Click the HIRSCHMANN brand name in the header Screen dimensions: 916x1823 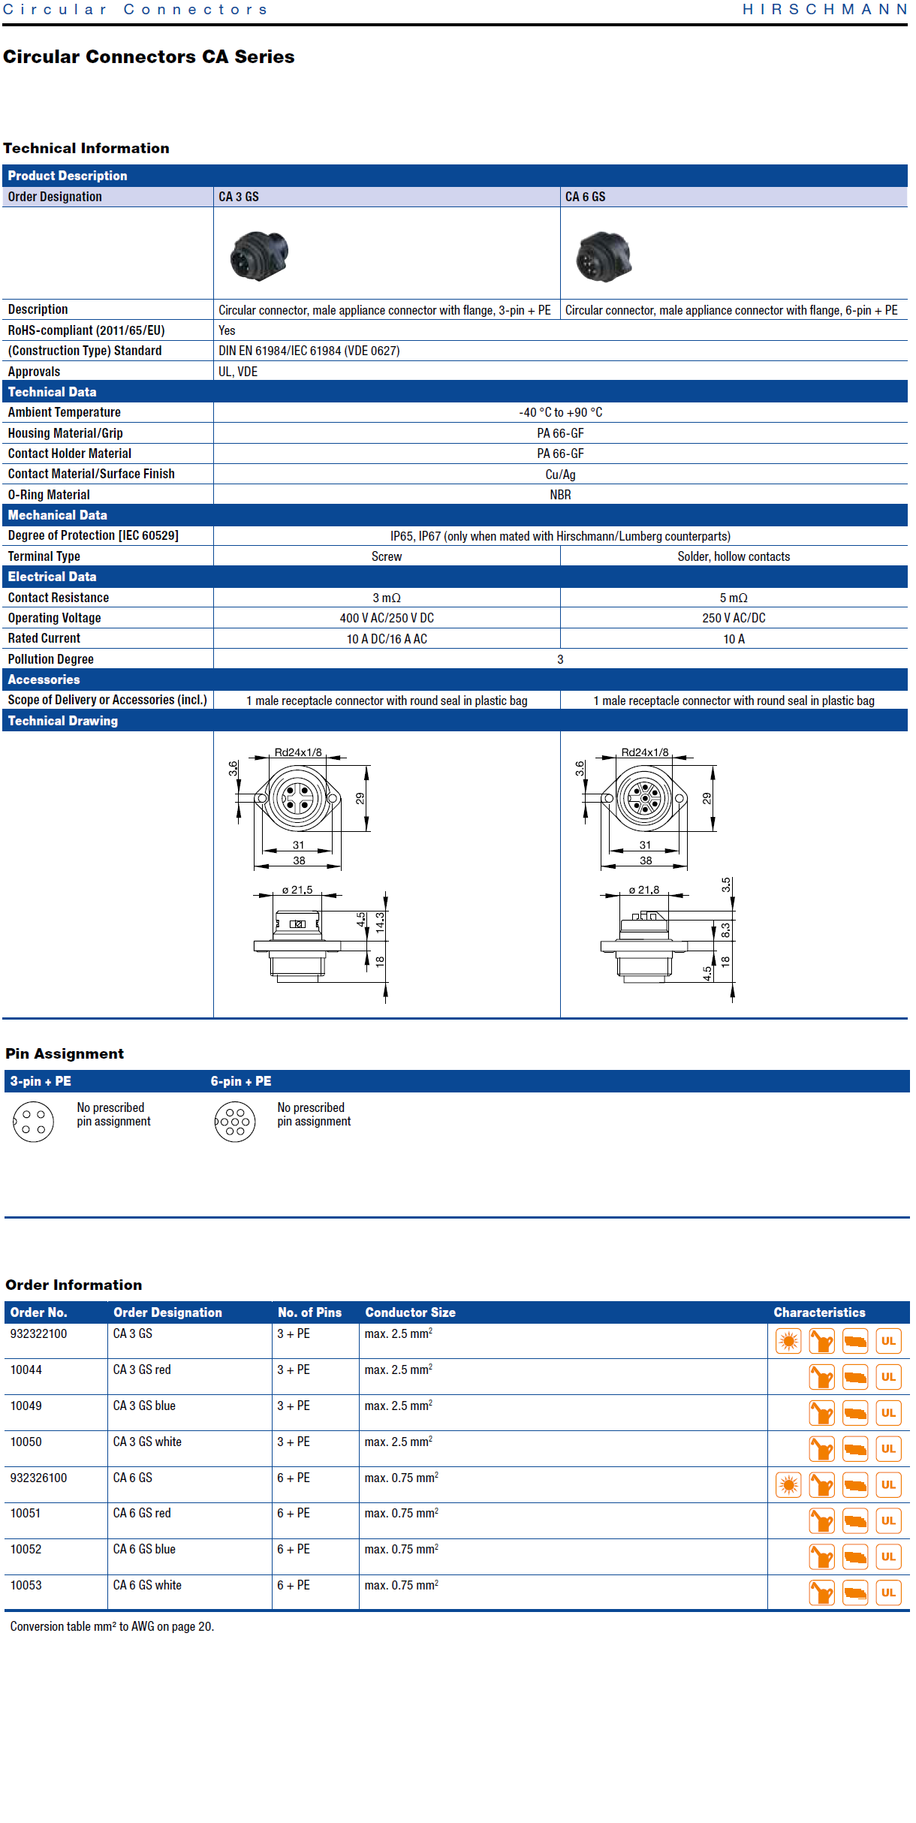coord(825,10)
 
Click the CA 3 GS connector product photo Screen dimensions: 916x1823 coord(259,255)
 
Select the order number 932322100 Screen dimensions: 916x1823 coord(38,1333)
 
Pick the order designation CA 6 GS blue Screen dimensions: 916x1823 coord(144,1549)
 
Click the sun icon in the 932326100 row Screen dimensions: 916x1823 coord(788,1484)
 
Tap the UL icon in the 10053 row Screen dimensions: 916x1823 coord(888,1592)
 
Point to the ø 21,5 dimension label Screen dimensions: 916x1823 coord(297,890)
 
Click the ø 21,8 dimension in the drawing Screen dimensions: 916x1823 coord(644,890)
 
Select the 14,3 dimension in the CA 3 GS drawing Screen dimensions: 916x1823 coord(380,922)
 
